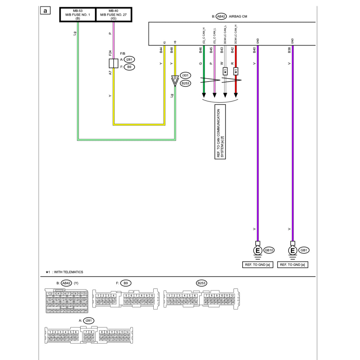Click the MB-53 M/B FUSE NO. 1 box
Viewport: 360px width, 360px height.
coord(78,15)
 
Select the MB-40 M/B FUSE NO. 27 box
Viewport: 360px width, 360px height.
coord(113,15)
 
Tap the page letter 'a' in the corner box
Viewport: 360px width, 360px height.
coord(45,11)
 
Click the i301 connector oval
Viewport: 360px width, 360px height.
coord(185,76)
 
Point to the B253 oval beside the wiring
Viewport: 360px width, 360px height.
coord(185,83)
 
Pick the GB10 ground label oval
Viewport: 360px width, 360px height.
coord(269,250)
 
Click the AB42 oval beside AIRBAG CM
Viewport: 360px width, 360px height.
coord(221,16)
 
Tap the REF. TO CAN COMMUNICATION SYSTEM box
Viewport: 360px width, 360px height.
coord(220,131)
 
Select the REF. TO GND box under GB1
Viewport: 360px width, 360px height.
coord(292,264)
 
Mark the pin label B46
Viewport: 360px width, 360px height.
coord(200,50)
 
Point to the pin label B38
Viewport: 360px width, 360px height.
coord(289,50)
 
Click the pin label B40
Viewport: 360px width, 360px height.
coord(255,50)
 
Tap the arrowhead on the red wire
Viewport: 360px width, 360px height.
coord(236,96)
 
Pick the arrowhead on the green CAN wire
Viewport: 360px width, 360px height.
coord(203,96)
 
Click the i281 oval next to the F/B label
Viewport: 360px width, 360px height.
coord(129,59)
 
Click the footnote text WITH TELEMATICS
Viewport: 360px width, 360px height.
coord(69,272)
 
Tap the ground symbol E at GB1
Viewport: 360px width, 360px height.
coord(292,251)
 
